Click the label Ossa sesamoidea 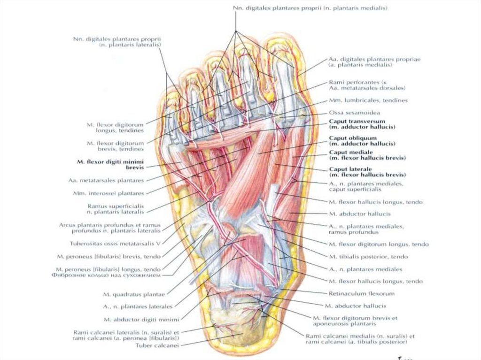(x=354, y=113)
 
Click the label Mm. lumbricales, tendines (x=368, y=100)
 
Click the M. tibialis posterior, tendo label (x=368, y=257)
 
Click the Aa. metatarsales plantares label (x=106, y=180)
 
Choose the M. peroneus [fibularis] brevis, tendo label (x=108, y=256)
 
